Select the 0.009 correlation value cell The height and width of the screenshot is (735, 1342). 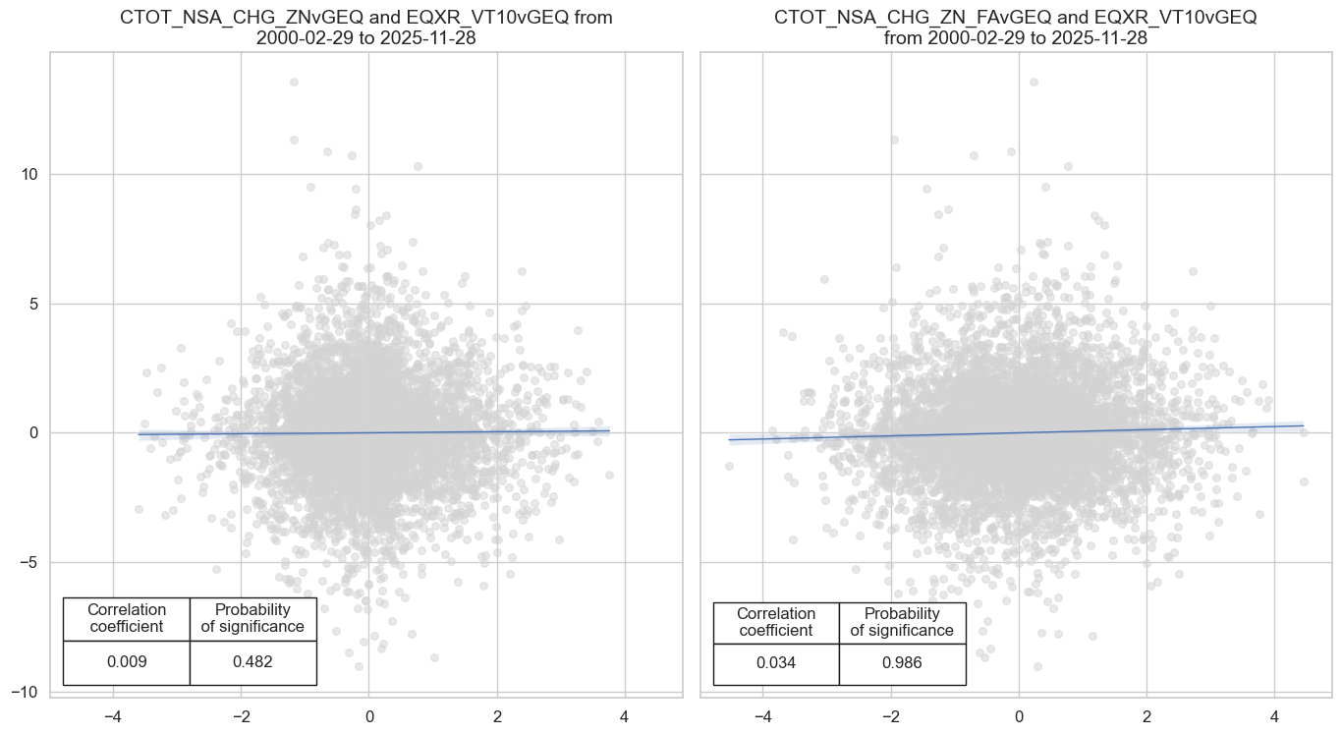tap(127, 662)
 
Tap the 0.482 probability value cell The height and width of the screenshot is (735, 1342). tap(252, 662)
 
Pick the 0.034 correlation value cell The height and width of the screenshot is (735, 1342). tap(776, 662)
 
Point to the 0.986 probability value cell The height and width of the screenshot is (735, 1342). tap(902, 662)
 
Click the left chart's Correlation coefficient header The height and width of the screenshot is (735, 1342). tap(127, 618)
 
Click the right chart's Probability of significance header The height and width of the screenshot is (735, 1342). tap(902, 621)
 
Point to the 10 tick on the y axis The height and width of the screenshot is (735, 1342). tap(29, 175)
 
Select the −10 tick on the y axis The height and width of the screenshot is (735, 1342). tap(26, 692)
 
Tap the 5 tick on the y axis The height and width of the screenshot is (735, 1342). tap(33, 304)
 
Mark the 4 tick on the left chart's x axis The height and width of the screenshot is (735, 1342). tap(624, 716)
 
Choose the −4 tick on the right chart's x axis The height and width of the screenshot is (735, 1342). tap(762, 716)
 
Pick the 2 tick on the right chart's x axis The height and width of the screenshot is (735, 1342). tap(1146, 716)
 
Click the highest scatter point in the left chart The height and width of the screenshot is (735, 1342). tap(294, 83)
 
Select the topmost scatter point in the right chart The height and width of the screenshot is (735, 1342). tap(1033, 83)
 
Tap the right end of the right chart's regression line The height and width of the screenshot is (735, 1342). tap(1303, 425)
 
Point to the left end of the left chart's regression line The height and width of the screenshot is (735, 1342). tap(140, 434)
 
